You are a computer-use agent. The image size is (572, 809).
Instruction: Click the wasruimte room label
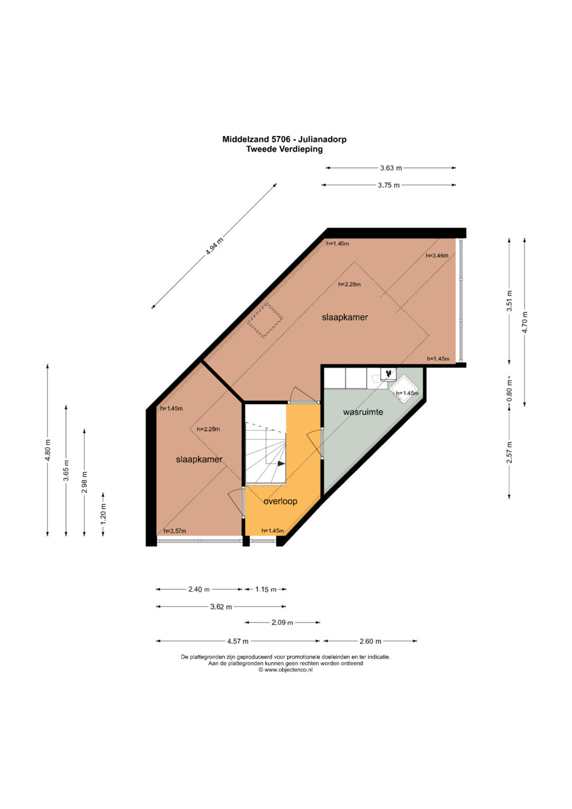click(363, 412)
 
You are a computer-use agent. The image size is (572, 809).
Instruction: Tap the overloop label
click(280, 501)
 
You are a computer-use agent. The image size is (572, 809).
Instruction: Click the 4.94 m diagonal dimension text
click(215, 246)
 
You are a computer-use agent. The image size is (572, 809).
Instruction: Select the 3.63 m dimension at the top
click(391, 168)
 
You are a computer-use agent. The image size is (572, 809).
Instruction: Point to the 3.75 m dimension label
click(389, 185)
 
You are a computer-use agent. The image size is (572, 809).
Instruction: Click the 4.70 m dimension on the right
click(525, 322)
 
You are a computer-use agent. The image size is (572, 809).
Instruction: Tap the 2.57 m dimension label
click(510, 452)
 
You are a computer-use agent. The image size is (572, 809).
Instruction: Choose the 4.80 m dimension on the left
click(48, 450)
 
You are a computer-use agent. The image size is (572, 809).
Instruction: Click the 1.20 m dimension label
click(103, 514)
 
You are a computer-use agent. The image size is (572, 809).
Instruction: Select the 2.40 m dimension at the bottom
click(199, 590)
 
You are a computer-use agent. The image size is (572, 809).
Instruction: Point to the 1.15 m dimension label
click(266, 590)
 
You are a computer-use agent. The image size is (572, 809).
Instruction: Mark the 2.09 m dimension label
click(282, 623)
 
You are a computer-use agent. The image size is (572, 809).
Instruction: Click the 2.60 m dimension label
click(371, 642)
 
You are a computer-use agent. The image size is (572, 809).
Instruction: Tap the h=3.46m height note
click(437, 256)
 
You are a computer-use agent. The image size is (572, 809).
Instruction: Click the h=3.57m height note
click(175, 531)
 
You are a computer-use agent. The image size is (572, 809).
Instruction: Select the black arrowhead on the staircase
click(282, 464)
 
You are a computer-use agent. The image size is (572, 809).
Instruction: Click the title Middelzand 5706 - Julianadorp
click(284, 139)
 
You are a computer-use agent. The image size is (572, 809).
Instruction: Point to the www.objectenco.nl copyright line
click(285, 670)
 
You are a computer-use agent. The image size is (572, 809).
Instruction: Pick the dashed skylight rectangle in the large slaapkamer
click(265, 321)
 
